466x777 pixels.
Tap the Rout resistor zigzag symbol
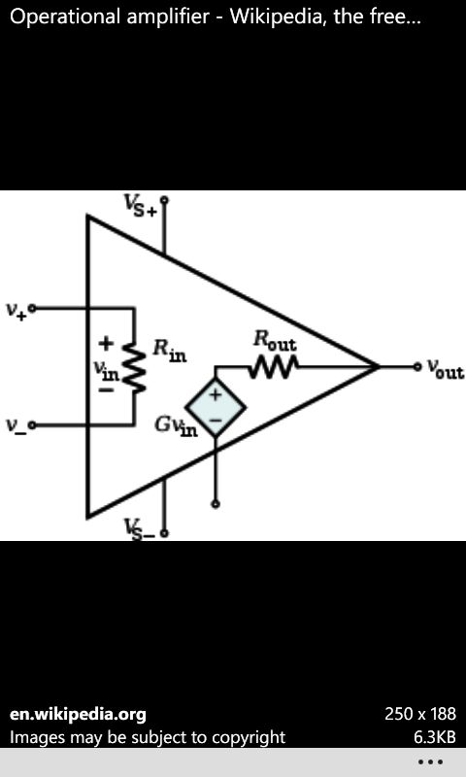click(274, 367)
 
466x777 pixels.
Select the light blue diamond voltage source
click(216, 407)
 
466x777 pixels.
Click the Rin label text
click(169, 351)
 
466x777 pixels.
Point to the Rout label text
click(275, 341)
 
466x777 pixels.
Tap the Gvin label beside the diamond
click(177, 426)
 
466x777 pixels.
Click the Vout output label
click(446, 370)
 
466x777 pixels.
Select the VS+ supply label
click(140, 205)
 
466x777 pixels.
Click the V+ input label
click(16, 310)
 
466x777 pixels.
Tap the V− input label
click(16, 425)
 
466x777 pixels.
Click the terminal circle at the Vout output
click(418, 367)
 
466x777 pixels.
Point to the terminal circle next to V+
click(32, 308)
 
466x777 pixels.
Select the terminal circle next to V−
click(32, 424)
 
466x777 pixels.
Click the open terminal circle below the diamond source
click(216, 504)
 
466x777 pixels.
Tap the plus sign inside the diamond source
click(216, 395)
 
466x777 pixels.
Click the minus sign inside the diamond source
click(216, 420)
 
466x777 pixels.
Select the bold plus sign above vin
click(106, 343)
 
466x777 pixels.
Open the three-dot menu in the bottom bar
click(430, 761)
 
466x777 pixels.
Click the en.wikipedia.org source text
click(78, 715)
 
